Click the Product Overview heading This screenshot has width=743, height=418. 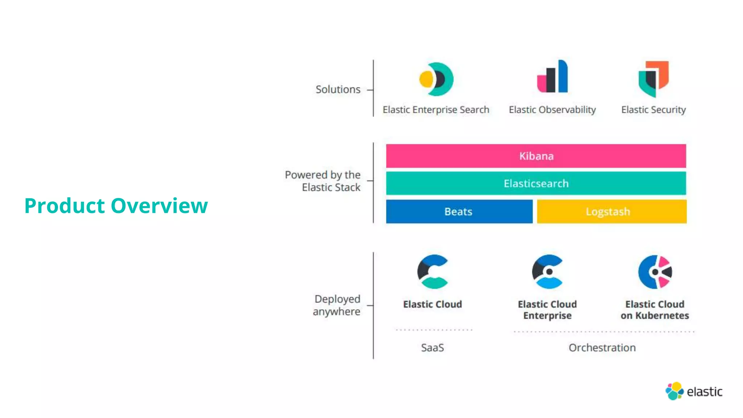click(x=116, y=206)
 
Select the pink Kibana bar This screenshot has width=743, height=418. click(x=536, y=156)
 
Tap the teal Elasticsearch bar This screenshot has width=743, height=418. click(x=536, y=184)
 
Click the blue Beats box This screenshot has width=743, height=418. click(x=459, y=212)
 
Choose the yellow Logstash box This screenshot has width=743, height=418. click(x=612, y=212)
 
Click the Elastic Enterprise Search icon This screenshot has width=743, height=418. click(x=436, y=79)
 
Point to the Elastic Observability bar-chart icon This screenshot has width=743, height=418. click(x=553, y=77)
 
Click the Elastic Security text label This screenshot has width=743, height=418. click(x=653, y=110)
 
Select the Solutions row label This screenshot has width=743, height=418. click(x=338, y=89)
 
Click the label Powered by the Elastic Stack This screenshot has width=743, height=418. click(x=323, y=181)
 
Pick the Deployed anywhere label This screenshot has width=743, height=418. click(x=337, y=305)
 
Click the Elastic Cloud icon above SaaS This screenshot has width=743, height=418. click(x=432, y=272)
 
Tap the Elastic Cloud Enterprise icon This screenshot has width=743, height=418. click(x=547, y=272)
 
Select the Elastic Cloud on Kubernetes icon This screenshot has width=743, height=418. click(x=655, y=272)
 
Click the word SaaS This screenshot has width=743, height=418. click(x=432, y=348)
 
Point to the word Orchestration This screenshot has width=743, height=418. click(x=602, y=348)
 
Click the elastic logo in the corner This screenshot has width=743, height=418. click(x=694, y=391)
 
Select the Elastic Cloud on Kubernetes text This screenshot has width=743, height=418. click(x=655, y=310)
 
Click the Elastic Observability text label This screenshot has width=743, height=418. click(x=552, y=110)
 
